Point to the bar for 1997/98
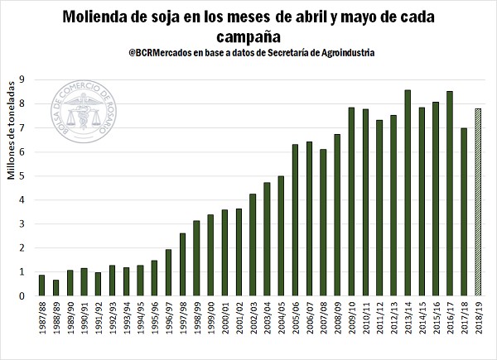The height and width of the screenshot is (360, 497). (x=182, y=265)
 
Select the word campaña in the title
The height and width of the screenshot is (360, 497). (x=248, y=36)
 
